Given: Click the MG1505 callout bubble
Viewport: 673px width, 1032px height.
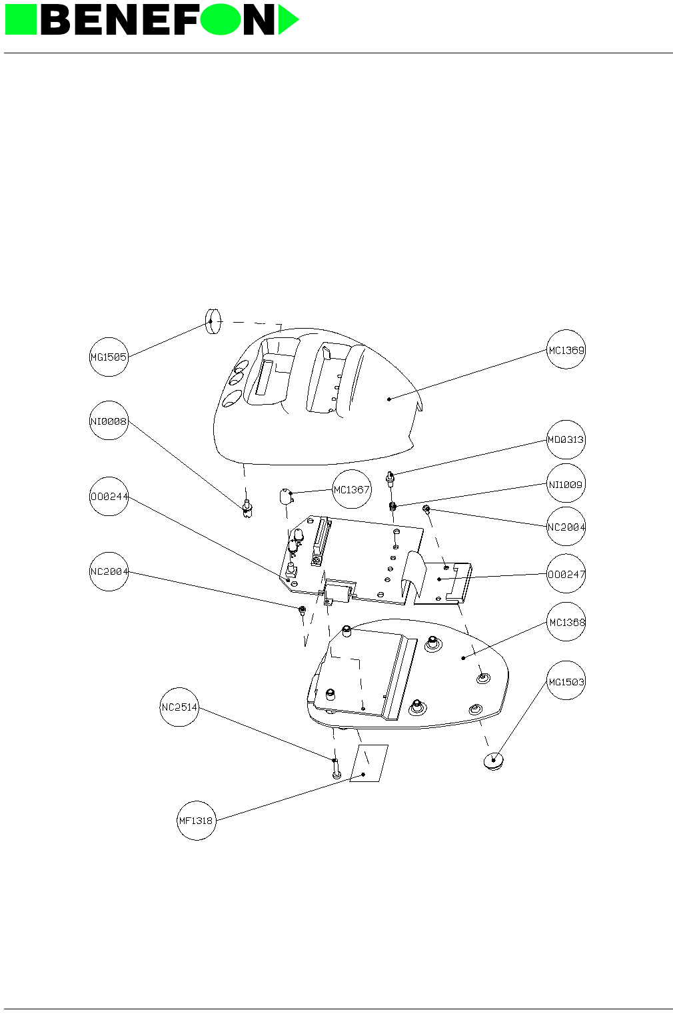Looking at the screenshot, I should (x=109, y=357).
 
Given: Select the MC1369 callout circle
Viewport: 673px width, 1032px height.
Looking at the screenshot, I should (x=566, y=349).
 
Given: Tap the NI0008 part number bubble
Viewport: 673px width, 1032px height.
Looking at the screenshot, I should (x=109, y=421).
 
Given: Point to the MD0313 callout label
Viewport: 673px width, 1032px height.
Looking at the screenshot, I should (x=566, y=439).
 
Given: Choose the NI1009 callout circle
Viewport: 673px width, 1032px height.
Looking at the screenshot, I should (x=566, y=485).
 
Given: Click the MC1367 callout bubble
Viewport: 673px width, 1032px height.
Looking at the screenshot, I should (x=351, y=490).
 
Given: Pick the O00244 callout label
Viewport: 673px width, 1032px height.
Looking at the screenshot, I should (x=109, y=497).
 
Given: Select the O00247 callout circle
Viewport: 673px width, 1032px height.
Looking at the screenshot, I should (x=566, y=574).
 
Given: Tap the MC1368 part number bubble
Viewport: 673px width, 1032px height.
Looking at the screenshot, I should (x=566, y=622).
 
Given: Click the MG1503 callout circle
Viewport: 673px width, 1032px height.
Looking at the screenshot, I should (x=566, y=681).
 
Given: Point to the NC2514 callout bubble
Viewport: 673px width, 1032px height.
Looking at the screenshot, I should (x=179, y=707).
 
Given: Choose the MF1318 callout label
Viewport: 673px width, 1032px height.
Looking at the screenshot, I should (x=197, y=821).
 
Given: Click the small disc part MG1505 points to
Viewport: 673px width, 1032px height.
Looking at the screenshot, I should (x=213, y=321).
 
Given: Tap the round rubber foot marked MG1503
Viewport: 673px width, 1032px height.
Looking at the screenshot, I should (x=493, y=761).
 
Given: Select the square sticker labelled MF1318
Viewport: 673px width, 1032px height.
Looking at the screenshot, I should (x=368, y=764).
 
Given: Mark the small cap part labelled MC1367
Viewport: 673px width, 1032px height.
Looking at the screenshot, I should (x=285, y=497).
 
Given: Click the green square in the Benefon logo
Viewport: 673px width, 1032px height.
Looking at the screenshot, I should (x=20, y=20).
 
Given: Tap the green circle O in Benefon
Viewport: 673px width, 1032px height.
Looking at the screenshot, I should (x=220, y=20).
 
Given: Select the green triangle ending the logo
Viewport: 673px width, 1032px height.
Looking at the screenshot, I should (x=287, y=20).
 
